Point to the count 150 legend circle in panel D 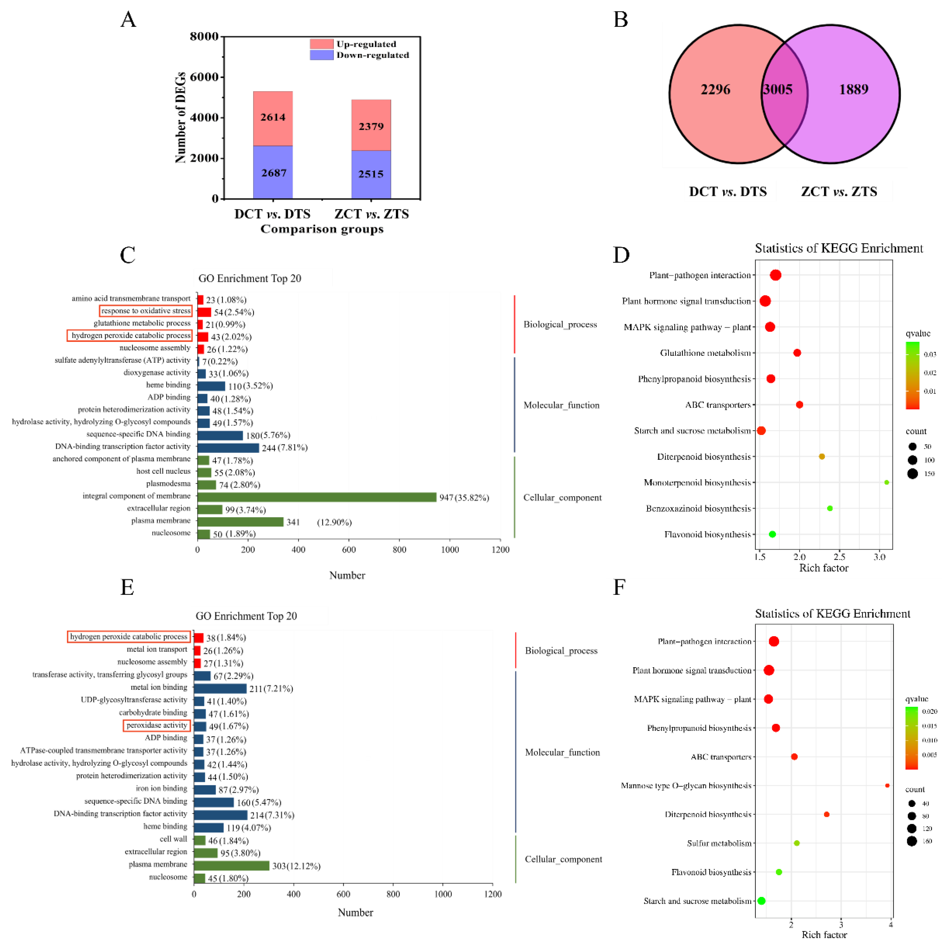click(912, 474)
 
